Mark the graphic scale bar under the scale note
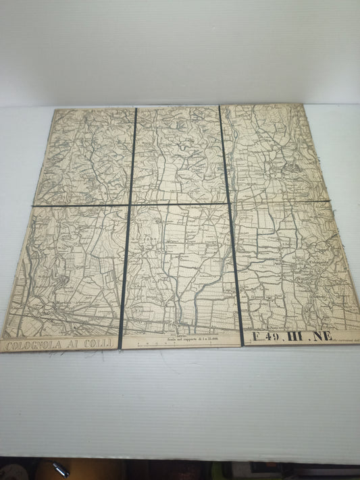click(182, 343)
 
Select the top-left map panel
click(86, 155)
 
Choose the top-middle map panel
click(177, 154)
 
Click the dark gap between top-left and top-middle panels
click(132, 155)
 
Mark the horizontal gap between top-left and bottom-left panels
click(81, 205)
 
